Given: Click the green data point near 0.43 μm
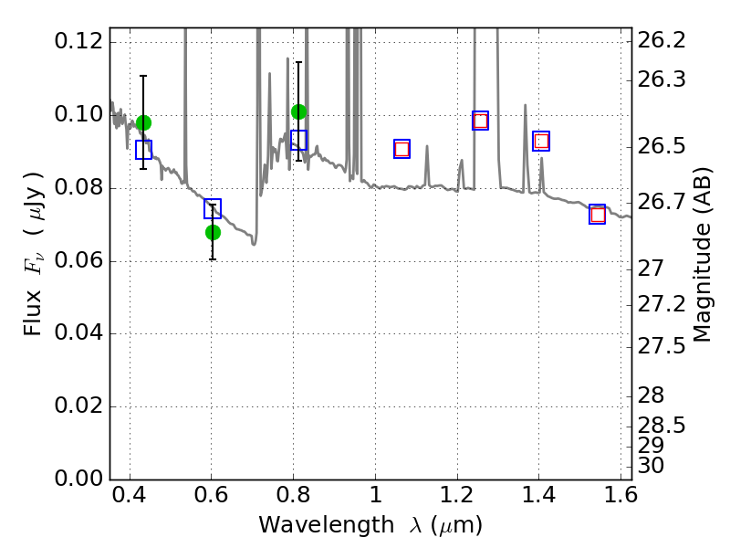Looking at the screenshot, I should click(143, 122).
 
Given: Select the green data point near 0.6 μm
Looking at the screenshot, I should click(213, 232).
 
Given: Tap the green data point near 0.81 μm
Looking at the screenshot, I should click(298, 111).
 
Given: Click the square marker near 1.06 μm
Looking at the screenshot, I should click(401, 149).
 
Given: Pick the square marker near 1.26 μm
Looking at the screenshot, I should click(480, 121).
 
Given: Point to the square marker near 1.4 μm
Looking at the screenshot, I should click(541, 142).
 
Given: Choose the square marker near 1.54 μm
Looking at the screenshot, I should click(598, 215).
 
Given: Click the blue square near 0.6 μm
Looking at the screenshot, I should click(213, 209).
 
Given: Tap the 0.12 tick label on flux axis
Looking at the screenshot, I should click(78, 41).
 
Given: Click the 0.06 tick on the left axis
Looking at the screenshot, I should click(78, 261).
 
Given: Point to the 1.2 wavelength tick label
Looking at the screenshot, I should click(456, 498).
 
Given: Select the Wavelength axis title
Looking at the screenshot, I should click(370, 525).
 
